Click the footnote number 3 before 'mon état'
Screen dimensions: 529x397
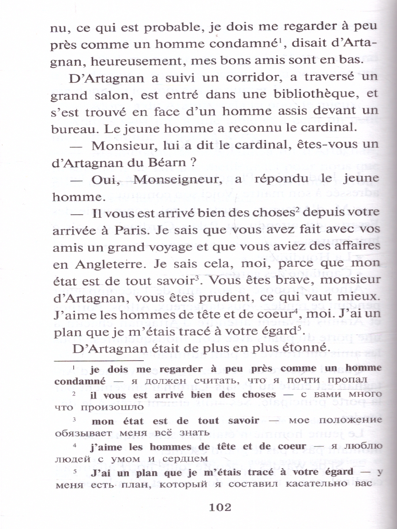coord(75,419)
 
